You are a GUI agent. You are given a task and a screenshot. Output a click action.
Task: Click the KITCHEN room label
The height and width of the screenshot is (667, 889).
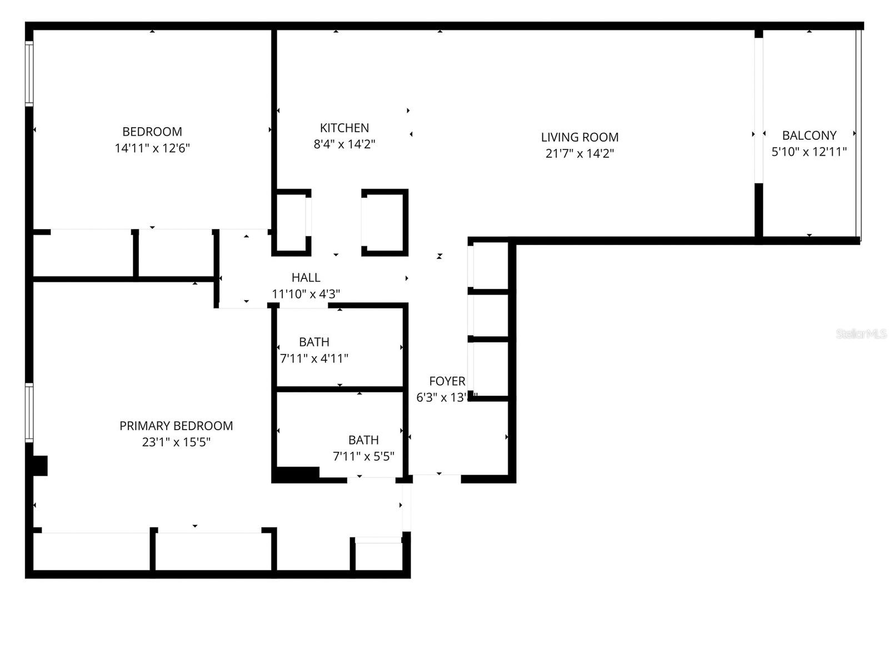click(344, 128)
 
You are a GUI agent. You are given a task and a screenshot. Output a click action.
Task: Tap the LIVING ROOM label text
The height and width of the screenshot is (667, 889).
click(580, 137)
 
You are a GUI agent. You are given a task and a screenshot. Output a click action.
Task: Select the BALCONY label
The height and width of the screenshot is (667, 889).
click(809, 135)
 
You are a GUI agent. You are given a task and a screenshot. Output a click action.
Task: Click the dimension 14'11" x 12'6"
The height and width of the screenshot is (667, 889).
click(152, 148)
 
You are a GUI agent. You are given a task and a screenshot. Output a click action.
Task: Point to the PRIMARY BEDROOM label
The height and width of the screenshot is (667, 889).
click(176, 426)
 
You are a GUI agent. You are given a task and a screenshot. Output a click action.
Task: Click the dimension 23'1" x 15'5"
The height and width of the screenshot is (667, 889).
click(176, 442)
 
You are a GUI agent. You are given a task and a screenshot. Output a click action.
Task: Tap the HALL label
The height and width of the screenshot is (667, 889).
click(306, 277)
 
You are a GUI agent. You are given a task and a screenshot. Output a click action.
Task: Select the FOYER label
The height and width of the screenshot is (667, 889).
click(447, 381)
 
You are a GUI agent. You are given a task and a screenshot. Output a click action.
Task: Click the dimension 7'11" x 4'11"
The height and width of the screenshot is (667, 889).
click(314, 359)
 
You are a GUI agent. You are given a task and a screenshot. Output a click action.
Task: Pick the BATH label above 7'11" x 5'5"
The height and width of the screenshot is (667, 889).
click(363, 440)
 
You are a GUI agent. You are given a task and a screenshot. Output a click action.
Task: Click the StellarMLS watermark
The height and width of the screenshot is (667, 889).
click(861, 334)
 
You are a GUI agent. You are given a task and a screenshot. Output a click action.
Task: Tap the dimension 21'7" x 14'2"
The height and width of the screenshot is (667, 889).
click(580, 153)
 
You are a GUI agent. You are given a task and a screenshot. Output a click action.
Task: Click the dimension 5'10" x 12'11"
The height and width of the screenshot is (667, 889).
click(809, 151)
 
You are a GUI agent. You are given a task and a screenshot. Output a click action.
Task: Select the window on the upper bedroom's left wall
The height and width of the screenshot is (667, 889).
click(29, 73)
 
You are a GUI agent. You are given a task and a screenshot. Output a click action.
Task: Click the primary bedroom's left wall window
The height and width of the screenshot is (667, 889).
click(29, 412)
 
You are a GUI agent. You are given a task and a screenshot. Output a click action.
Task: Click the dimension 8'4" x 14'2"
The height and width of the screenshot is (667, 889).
click(344, 145)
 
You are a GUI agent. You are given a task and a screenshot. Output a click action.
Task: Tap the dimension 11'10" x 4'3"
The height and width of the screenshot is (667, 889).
click(306, 294)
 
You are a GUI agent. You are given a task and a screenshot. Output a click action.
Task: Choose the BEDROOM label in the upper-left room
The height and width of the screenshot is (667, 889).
click(152, 132)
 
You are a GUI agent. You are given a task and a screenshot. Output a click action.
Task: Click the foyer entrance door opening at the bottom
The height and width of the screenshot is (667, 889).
click(437, 477)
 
